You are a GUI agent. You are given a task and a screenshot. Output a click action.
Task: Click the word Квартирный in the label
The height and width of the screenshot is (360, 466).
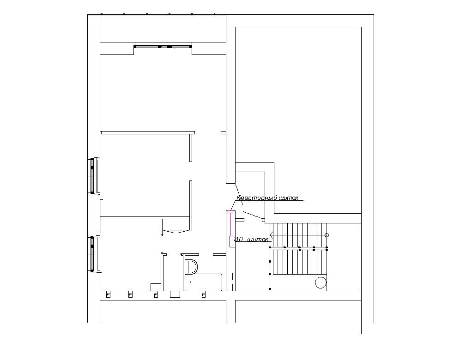point(257,198)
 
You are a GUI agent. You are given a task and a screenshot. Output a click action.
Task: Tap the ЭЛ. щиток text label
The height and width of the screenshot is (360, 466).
point(251,239)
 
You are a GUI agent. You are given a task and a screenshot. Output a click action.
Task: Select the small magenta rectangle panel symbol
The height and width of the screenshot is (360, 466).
point(230,212)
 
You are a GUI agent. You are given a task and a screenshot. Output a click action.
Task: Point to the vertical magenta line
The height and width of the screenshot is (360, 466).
point(230,225)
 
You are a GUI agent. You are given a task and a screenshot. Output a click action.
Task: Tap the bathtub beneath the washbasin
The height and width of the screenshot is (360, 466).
point(204,282)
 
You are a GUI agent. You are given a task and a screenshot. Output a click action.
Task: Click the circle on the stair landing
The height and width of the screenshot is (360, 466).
point(321,282)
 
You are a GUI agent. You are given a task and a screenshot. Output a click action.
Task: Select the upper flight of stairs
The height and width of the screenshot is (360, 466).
point(298,235)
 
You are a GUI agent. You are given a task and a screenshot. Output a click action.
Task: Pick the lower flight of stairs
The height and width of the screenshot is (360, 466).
point(300,262)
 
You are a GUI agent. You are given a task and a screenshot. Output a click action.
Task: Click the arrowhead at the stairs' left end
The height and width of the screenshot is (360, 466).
point(272,235)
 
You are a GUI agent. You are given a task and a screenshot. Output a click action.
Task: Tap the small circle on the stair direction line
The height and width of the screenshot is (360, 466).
point(327,235)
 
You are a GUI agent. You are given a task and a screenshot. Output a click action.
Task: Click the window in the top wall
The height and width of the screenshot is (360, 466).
point(163,46)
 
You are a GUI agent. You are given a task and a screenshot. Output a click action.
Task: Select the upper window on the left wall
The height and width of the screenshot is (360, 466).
point(92,175)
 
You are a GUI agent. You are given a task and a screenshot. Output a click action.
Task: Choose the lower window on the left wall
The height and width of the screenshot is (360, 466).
point(92,254)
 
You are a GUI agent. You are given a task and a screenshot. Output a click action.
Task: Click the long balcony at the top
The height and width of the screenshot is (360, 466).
point(163,29)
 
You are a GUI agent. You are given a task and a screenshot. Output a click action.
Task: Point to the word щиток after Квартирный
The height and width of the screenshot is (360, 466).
point(289,198)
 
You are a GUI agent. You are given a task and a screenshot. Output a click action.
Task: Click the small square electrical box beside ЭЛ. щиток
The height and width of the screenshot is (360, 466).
point(232,241)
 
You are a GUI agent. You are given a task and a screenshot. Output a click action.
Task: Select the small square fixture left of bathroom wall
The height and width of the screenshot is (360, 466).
point(156,287)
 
